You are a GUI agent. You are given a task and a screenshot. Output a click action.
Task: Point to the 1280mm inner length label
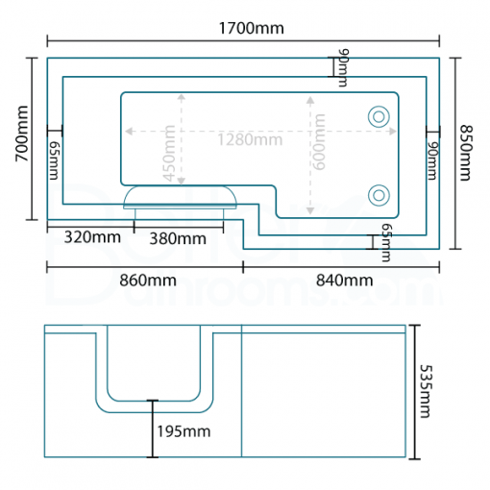pyautogui.click(x=248, y=139)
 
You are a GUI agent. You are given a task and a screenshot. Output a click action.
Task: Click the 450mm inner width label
pyautogui.click(x=170, y=153)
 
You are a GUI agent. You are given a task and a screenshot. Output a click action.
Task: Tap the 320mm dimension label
pyautogui.click(x=92, y=236)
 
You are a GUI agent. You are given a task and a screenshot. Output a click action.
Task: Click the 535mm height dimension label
pyautogui.click(x=424, y=389)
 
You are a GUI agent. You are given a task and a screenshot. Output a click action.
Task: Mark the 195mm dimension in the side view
pyautogui.click(x=183, y=431)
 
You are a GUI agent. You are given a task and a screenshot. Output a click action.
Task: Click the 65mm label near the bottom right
pyautogui.click(x=385, y=242)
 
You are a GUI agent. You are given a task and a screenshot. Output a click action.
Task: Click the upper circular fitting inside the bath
pyautogui.click(x=380, y=116)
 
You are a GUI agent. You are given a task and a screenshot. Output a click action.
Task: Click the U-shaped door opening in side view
pyautogui.click(x=154, y=370)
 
